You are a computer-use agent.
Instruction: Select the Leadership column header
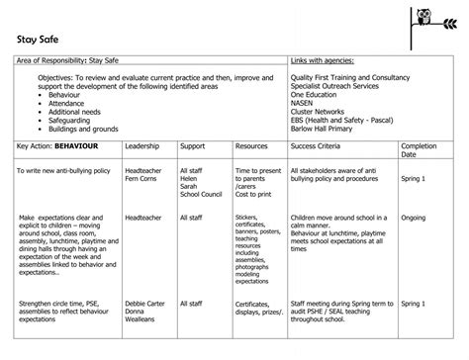tap(141, 146)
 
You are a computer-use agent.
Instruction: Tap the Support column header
tap(193, 146)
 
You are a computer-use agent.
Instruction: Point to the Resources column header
tap(251, 146)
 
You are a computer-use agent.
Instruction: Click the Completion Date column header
tap(419, 150)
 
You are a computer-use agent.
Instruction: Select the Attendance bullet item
tap(66, 101)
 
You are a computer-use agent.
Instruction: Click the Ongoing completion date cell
tap(414, 217)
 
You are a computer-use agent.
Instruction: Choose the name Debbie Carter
tap(145, 304)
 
